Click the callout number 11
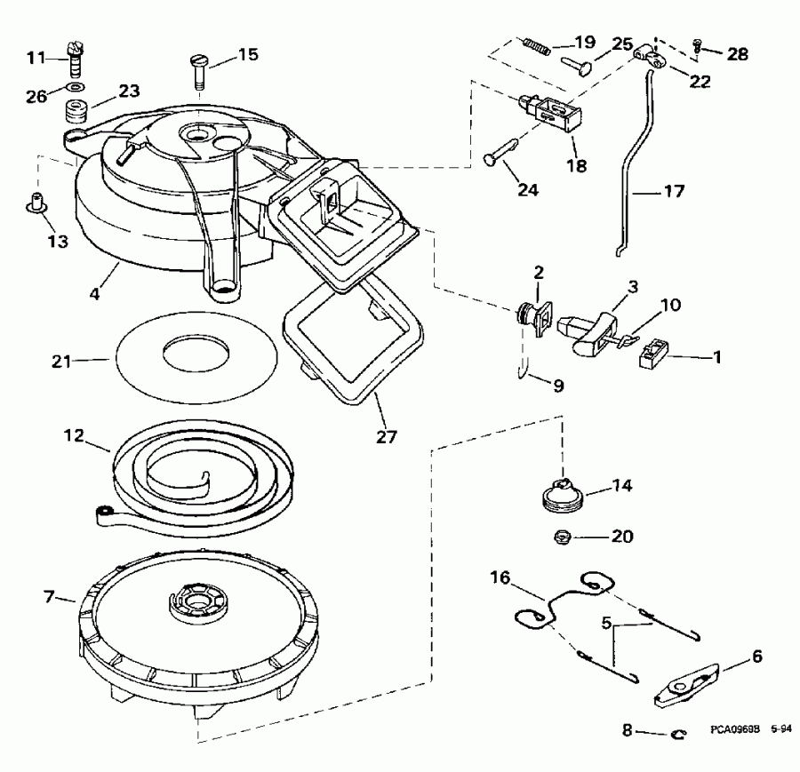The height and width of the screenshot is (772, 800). (x=34, y=58)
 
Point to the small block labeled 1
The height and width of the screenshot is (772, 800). (x=652, y=355)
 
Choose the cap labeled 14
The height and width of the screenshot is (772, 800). (x=563, y=491)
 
